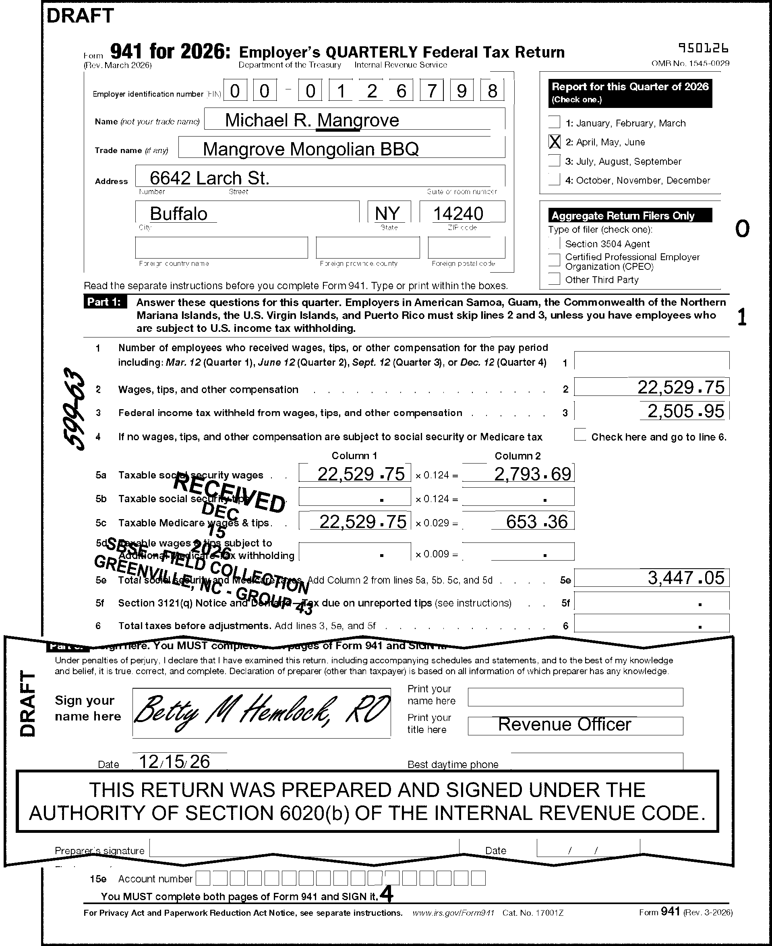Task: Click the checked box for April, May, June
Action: (x=554, y=142)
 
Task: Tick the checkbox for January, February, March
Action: (x=554, y=122)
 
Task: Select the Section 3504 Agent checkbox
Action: (x=554, y=243)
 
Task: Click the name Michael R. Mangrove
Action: (x=312, y=120)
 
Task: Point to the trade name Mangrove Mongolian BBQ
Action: (x=310, y=149)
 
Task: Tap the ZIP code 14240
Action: (x=457, y=213)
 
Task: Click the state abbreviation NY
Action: (x=387, y=213)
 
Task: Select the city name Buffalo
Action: (x=178, y=213)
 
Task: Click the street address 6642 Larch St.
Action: (x=209, y=178)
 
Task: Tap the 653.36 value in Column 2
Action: (x=536, y=522)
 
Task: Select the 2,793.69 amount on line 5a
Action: (x=532, y=474)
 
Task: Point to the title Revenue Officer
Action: (x=564, y=725)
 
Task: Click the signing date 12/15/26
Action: (x=174, y=762)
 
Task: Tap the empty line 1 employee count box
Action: (x=651, y=360)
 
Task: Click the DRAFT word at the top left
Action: (x=80, y=16)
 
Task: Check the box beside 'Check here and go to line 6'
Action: (x=580, y=435)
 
